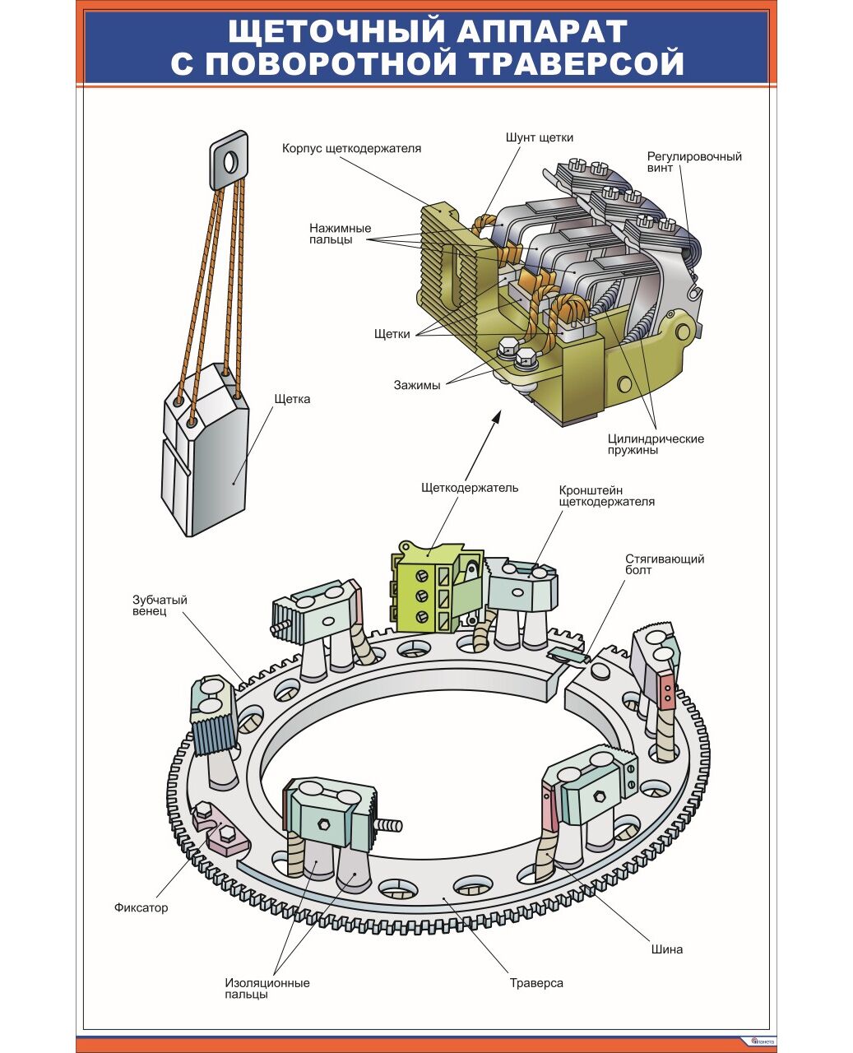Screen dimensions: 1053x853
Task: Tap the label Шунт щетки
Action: click(539, 137)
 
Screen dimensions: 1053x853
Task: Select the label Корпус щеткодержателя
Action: click(351, 149)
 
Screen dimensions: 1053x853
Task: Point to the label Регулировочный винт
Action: click(693, 162)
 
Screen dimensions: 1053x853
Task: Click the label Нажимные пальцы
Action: click(340, 234)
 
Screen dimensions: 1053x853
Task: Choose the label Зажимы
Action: click(416, 384)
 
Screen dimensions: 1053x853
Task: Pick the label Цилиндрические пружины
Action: click(656, 444)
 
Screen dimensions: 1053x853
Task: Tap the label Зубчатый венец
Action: click(160, 605)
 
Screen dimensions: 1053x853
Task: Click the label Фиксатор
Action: click(141, 908)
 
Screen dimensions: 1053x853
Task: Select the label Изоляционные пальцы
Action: click(267, 988)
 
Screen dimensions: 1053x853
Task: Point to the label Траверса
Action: click(536, 983)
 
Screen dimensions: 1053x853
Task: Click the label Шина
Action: click(666, 949)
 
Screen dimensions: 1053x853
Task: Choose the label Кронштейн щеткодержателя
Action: click(606, 495)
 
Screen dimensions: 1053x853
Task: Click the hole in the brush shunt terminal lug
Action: click(230, 161)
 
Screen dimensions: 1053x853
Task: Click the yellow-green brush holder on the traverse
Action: click(426, 588)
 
